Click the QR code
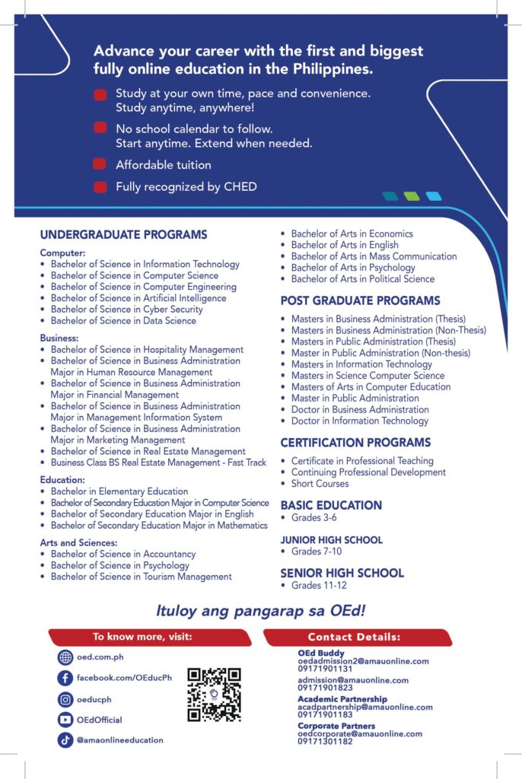point(214,695)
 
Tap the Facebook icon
point(65,678)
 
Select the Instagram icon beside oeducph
point(65,699)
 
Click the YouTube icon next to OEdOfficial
point(65,720)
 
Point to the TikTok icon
point(65,739)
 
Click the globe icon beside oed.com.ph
point(65,658)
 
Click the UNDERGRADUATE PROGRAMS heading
point(123,235)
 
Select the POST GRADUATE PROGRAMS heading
point(360,300)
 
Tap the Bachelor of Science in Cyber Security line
point(126,310)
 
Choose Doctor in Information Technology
point(359,421)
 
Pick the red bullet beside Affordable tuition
point(100,164)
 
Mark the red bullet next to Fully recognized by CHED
point(100,186)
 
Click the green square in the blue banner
point(412,196)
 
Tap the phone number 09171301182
point(325,741)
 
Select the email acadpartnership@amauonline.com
point(364,707)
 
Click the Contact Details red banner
point(357,637)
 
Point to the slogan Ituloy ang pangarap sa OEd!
point(260,610)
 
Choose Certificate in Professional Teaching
point(362,461)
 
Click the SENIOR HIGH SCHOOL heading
point(342,573)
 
